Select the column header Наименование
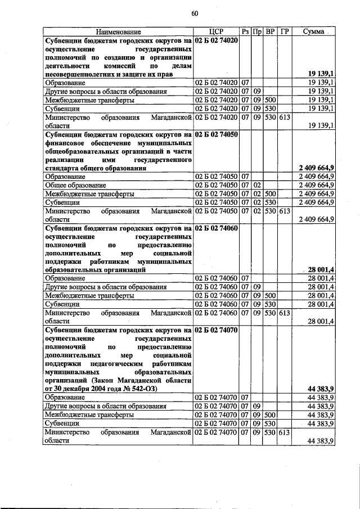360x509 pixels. pos(118,32)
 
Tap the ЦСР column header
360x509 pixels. pos(217,32)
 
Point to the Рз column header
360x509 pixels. pos(245,32)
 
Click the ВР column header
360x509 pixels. pos(270,32)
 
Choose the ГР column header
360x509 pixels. pos(284,32)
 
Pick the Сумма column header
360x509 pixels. pos(313,32)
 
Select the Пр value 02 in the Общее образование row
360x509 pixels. pos(256,184)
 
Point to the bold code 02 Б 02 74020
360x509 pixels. pos(217,41)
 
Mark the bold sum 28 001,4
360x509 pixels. pos(321,269)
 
